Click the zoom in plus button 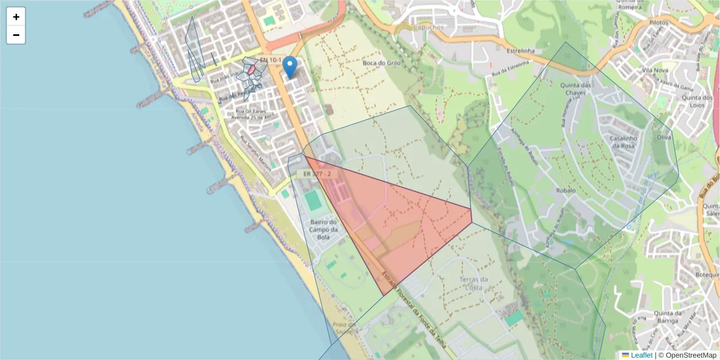[16, 17]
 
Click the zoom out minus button [16, 35]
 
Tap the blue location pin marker [290, 67]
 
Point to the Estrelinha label [519, 51]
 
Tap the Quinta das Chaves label [572, 89]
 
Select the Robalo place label [565, 190]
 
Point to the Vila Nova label [655, 70]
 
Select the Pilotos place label [658, 22]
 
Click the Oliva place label [664, 137]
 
